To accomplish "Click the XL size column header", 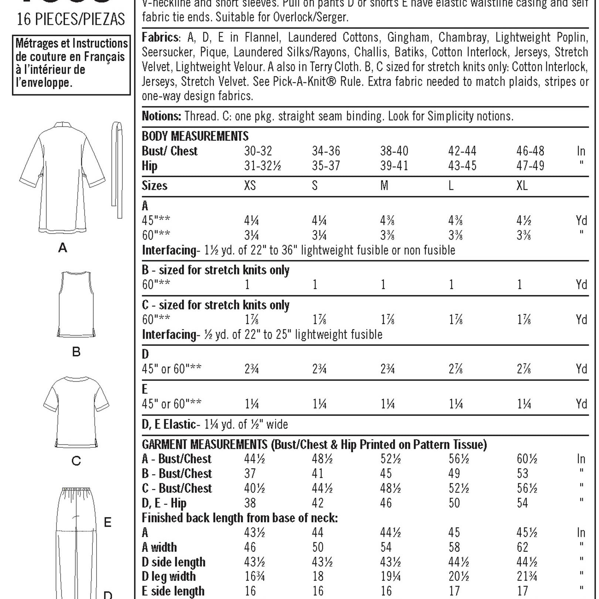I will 522,186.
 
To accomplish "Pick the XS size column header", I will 250,186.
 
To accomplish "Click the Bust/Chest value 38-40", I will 394,151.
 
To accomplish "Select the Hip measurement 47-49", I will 530,166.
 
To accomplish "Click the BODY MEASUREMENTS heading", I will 195,136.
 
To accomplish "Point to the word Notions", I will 161,116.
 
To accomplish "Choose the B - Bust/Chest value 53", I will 522,474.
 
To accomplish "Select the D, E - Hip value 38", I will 250,503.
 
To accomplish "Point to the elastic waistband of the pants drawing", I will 77,492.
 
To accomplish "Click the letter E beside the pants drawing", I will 108,522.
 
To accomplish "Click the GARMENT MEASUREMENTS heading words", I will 204,444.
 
